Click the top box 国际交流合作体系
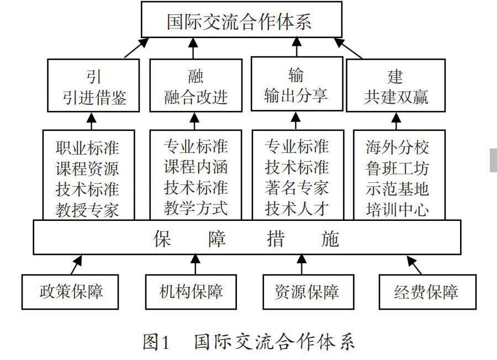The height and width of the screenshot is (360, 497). pos(240,20)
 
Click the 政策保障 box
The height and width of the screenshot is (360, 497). pos(71,291)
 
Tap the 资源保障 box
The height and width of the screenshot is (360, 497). pos(307,292)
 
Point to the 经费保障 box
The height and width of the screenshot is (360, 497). pos(426,292)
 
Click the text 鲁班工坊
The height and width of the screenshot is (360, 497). pos(397,168)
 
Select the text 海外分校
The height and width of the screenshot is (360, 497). pos(397,147)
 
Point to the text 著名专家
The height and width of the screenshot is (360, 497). pos(297,188)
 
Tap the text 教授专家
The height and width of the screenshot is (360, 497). pos(87,209)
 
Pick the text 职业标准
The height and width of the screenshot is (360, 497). pos(87,148)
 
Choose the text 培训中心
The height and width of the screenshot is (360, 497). pos(397,209)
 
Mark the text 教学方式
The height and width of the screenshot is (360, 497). pos(195,208)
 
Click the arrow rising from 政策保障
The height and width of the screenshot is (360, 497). pos(77,264)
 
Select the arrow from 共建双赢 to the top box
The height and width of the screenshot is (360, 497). pos(350,47)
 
